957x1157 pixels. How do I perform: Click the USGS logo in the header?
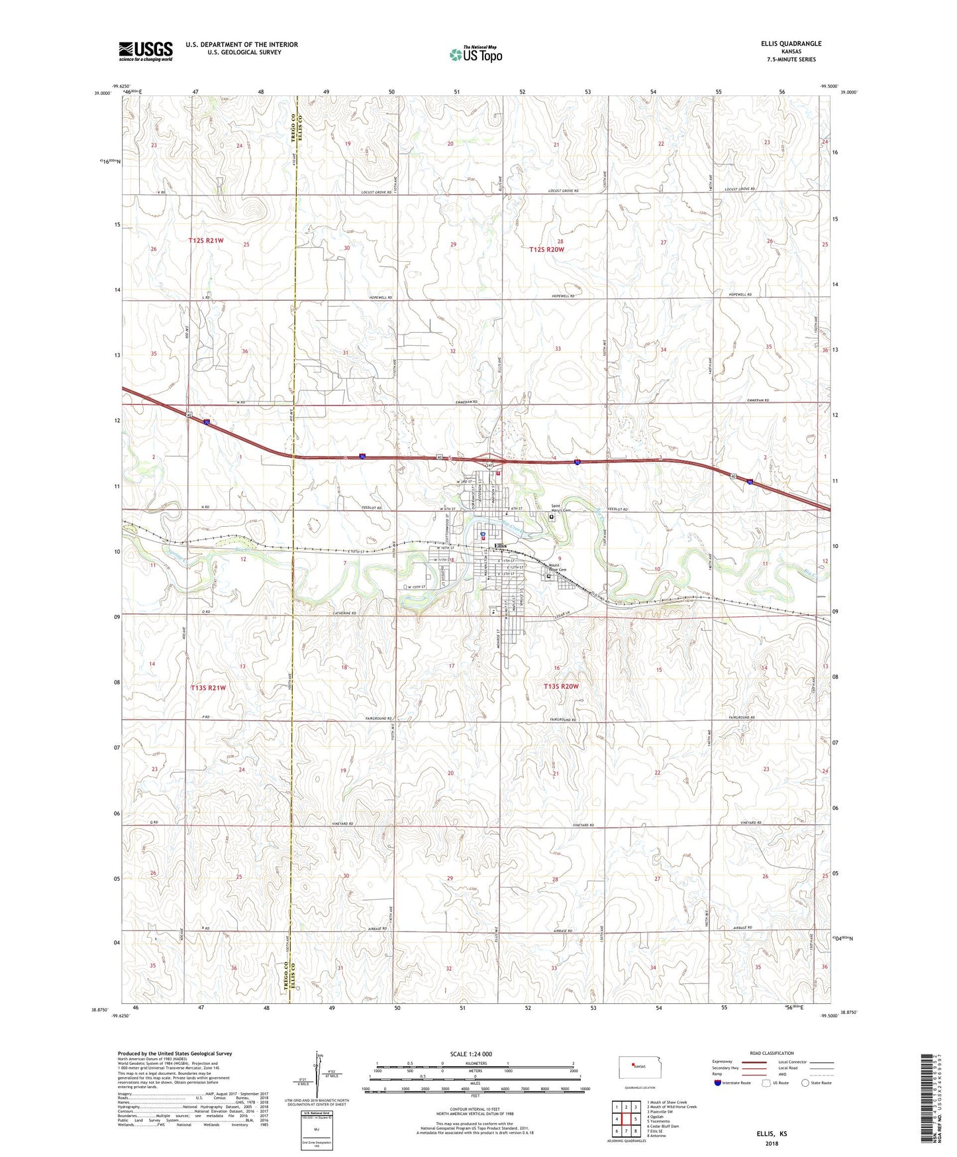point(146,51)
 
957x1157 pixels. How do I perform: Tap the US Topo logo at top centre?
point(476,54)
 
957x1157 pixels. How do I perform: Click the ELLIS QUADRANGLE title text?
point(791,44)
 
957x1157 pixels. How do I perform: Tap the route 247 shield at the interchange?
point(490,466)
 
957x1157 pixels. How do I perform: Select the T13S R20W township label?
point(561,687)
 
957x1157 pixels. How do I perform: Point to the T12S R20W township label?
point(546,249)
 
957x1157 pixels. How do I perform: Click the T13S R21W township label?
point(209,688)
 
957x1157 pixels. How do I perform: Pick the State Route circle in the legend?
point(805,1083)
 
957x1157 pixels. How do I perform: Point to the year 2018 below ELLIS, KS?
point(772,1143)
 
